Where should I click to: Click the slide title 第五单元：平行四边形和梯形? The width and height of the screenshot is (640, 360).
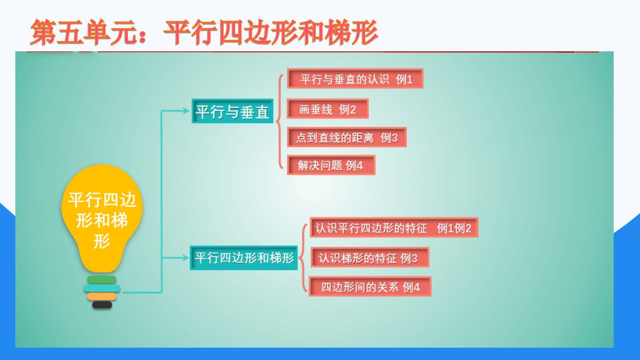click(204, 32)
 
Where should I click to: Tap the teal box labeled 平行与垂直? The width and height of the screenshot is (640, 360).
click(232, 111)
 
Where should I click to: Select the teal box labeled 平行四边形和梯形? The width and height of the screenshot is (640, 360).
click(244, 258)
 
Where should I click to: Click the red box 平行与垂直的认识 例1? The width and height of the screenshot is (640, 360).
click(355, 79)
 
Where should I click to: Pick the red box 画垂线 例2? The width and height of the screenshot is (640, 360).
click(328, 109)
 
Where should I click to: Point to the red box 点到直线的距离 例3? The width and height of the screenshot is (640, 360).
click(347, 137)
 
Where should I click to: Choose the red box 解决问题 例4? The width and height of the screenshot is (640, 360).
click(331, 165)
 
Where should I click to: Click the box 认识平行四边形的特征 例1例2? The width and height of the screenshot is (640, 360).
click(394, 228)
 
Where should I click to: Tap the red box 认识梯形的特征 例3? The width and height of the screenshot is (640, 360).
click(370, 257)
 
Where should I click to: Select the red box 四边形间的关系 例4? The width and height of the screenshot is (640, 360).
click(370, 287)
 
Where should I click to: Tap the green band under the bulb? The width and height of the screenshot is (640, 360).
click(102, 279)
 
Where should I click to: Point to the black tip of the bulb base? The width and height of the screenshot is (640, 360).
click(102, 305)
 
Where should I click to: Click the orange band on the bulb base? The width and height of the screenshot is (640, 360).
click(102, 296)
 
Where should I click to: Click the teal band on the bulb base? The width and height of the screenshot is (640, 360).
click(102, 288)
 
